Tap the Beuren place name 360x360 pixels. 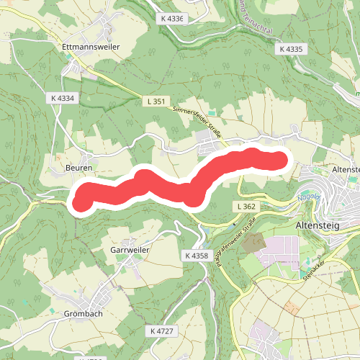79,168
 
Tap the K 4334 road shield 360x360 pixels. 63,98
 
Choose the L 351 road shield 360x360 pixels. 153,102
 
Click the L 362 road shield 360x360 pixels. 246,207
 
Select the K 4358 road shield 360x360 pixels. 196,256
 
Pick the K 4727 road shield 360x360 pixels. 163,330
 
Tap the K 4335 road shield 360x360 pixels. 291,50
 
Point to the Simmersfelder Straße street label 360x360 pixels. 196,122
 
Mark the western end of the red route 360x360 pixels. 81,198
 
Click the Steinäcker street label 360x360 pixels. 315,268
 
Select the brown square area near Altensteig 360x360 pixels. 253,243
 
